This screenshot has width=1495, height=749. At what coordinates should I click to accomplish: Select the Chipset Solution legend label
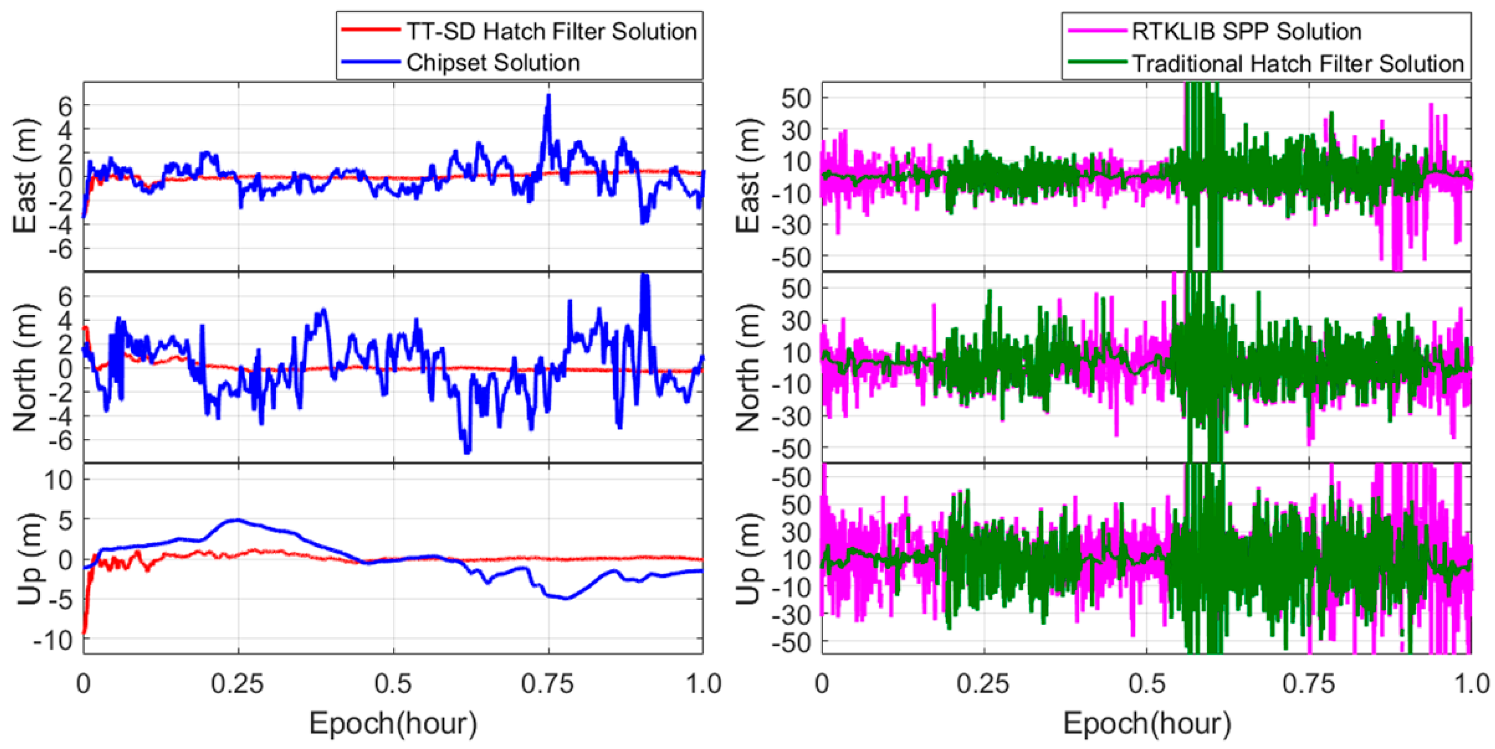coord(493,62)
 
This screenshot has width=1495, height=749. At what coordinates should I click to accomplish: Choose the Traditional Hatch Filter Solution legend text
coord(1298,63)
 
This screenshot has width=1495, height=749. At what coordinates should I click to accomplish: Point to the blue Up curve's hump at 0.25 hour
coord(237,520)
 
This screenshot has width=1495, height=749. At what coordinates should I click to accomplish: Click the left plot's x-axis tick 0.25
coord(237,684)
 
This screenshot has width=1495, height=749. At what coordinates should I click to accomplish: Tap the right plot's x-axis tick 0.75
coord(1308,684)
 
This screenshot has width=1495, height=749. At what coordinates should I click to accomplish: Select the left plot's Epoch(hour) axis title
coord(393,723)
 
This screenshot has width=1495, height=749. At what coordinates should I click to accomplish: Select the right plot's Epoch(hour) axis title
coord(1146,723)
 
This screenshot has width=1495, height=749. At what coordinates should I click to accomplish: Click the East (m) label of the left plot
coord(25,176)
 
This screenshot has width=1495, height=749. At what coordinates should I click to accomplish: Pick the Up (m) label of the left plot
coord(29,559)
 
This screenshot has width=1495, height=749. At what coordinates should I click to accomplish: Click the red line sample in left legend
coord(370,30)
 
